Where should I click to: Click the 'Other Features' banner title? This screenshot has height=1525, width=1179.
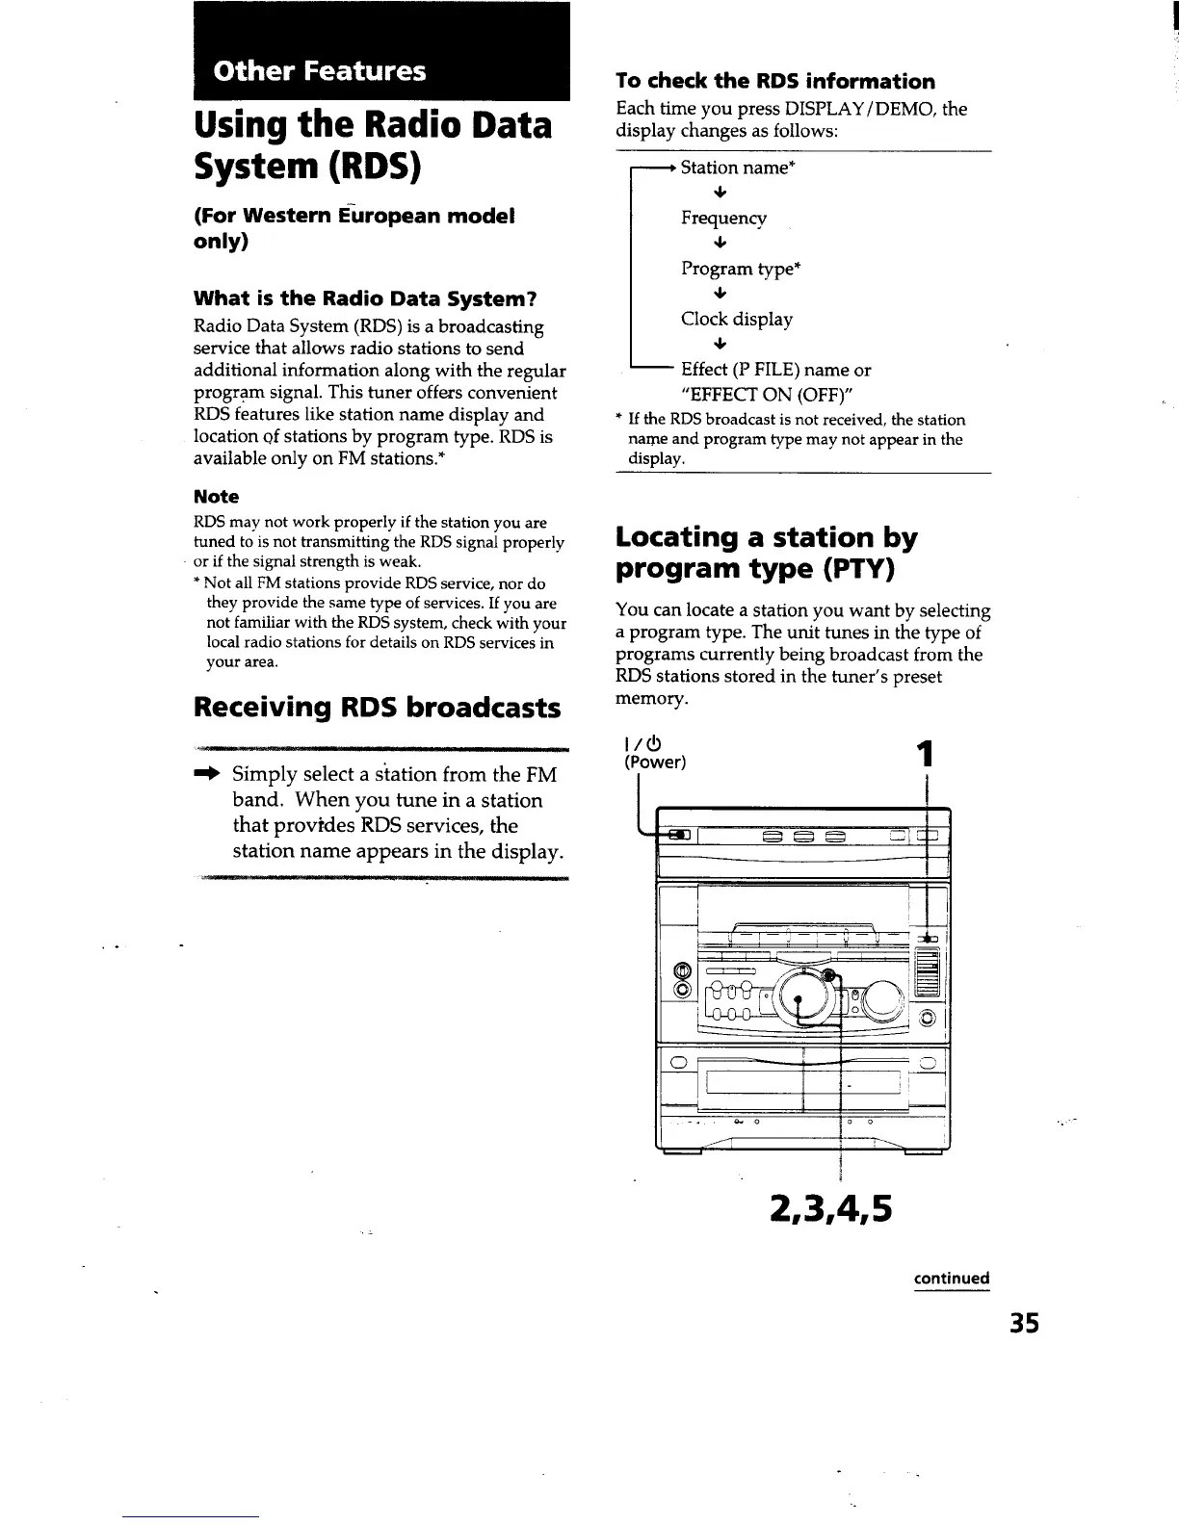pos(320,71)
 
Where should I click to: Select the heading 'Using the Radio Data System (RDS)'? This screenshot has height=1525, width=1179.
pos(373,145)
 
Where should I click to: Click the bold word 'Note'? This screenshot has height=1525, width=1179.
pos(216,497)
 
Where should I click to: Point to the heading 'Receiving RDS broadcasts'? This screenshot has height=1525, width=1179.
pos(377,708)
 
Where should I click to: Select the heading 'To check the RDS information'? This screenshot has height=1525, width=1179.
pos(775,81)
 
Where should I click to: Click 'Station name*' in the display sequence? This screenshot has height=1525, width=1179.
pos(737,168)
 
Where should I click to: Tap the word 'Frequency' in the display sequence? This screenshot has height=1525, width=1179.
pos(723,218)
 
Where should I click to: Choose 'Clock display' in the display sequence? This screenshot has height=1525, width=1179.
pos(736,319)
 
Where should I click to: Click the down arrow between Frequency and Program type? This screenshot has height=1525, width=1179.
pos(720,243)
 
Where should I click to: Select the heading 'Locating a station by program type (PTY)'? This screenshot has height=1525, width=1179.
pos(766,553)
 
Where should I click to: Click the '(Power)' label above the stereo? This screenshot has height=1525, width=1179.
pos(655,762)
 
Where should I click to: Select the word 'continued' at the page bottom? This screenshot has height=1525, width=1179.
pos(952,1279)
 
